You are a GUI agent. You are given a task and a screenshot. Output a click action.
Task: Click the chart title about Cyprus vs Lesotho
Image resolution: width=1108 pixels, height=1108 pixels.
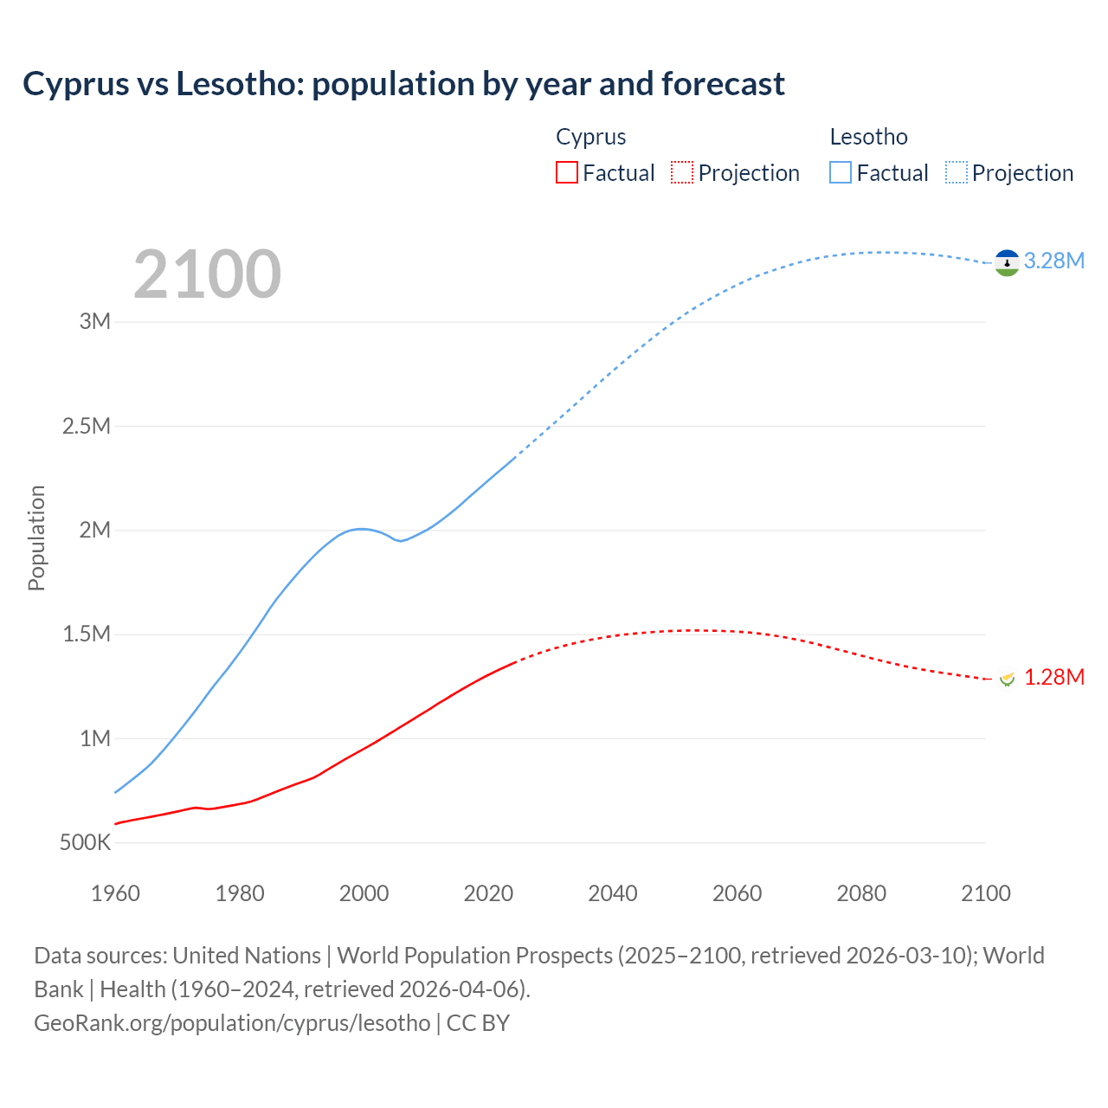(403, 84)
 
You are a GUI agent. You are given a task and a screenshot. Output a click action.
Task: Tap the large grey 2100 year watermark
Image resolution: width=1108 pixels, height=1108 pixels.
(207, 274)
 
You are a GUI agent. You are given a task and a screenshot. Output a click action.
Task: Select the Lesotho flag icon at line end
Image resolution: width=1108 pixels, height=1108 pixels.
(1006, 262)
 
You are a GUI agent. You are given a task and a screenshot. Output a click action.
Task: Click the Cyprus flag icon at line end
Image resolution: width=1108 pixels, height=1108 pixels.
(1007, 679)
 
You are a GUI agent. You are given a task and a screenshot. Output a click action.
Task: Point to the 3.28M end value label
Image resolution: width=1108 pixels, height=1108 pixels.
(1053, 261)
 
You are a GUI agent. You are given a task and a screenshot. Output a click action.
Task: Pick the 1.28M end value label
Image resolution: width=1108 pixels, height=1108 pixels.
(1053, 677)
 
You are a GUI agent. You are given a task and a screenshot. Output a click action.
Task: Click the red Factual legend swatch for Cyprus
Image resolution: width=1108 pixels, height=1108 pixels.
(567, 172)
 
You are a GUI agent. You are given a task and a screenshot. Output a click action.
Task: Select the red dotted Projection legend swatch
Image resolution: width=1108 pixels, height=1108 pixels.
(682, 172)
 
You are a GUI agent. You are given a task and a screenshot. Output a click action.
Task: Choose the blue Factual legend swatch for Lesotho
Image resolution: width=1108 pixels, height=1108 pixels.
(841, 172)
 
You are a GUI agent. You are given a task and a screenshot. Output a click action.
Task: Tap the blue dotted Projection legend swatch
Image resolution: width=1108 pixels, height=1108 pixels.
(956, 172)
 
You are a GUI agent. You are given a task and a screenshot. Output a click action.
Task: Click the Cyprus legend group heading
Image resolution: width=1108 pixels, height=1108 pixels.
(590, 137)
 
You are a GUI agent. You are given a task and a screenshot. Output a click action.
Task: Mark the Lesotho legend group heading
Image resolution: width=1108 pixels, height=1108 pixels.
(868, 137)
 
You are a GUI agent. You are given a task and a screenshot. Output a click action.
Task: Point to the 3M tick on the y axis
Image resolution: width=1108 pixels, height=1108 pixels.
(95, 321)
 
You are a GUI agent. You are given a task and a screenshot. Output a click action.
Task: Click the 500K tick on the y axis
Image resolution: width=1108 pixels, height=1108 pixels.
(85, 842)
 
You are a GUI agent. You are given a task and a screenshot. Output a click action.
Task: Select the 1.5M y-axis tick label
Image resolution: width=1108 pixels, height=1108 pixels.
(87, 634)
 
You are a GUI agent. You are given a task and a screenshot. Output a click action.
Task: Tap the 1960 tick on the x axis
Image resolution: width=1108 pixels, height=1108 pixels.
(115, 893)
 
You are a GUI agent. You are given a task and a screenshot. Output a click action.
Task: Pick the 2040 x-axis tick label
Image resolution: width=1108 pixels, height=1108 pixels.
(613, 893)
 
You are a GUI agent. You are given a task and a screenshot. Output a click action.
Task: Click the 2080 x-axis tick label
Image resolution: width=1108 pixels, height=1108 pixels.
(861, 893)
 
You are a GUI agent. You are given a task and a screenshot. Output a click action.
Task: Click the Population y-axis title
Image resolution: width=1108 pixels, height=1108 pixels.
(36, 538)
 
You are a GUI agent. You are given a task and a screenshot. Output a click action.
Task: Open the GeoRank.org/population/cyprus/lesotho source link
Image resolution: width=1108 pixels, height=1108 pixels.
(232, 1022)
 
